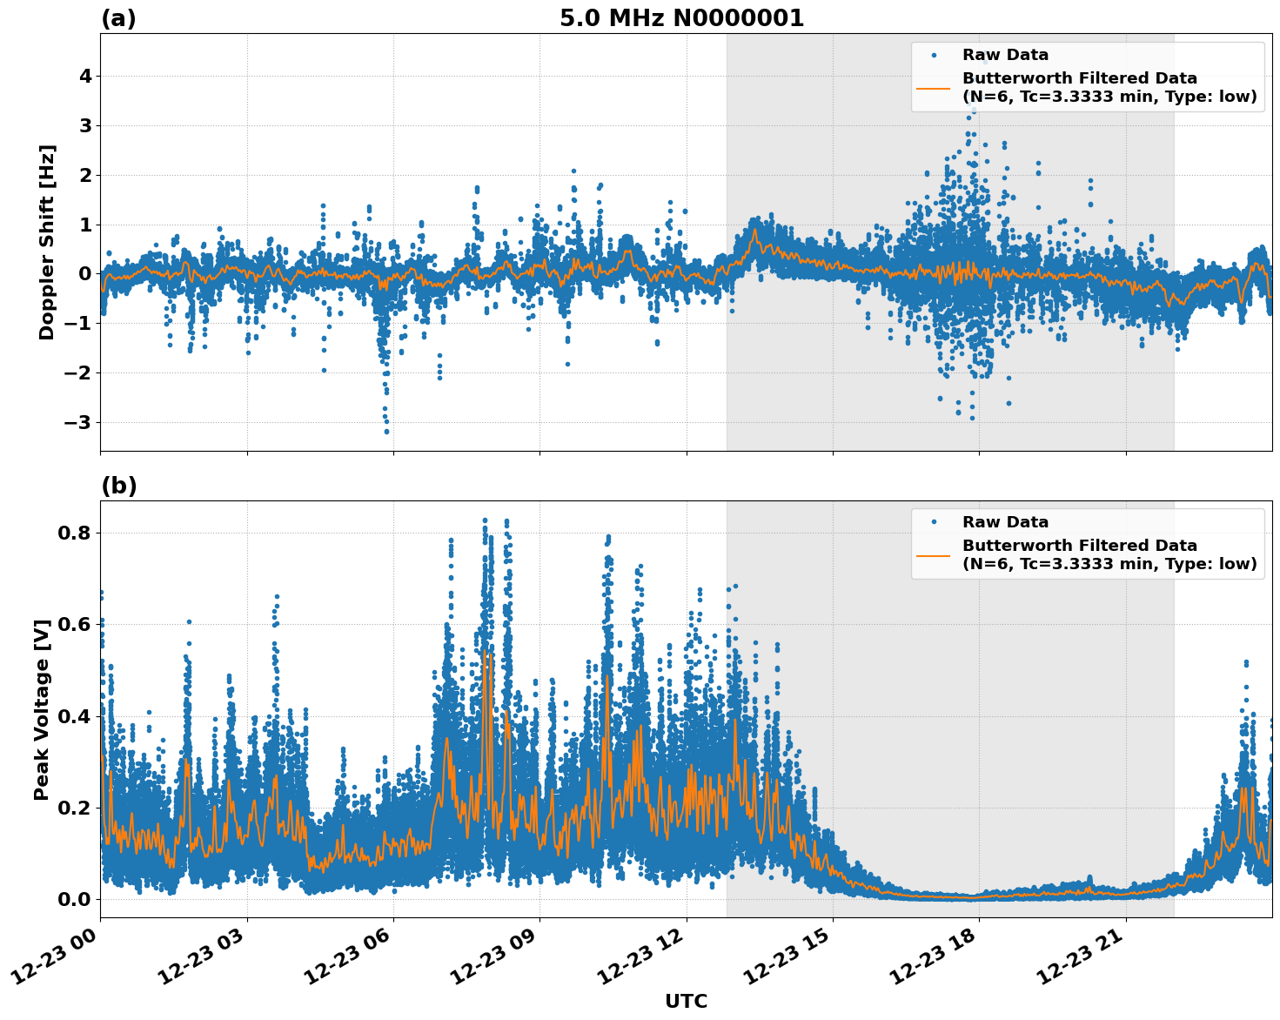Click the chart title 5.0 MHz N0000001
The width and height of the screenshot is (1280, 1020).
pos(681,18)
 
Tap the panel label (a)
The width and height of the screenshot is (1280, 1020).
pos(118,18)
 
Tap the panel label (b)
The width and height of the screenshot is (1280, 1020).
pos(118,486)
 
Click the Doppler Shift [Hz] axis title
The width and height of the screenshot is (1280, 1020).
pos(47,242)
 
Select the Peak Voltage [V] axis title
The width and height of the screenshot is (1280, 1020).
pos(42,709)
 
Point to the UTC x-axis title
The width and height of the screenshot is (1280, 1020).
pos(686,1001)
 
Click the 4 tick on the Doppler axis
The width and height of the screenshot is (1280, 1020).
pos(85,77)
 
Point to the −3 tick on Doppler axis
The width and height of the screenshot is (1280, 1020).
pos(80,423)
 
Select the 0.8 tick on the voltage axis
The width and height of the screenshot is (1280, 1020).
pos(75,533)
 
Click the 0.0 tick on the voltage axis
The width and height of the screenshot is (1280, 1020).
pos(75,899)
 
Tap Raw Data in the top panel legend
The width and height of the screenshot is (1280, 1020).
pos(1005,55)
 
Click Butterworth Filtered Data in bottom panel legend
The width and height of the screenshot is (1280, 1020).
pos(1079,546)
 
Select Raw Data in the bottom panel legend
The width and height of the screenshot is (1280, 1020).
pos(1005,522)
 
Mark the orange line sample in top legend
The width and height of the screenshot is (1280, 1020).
pos(934,87)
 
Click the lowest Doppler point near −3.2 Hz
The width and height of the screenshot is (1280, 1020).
pos(386,431)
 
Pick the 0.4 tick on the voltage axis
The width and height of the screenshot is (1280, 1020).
pos(75,716)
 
